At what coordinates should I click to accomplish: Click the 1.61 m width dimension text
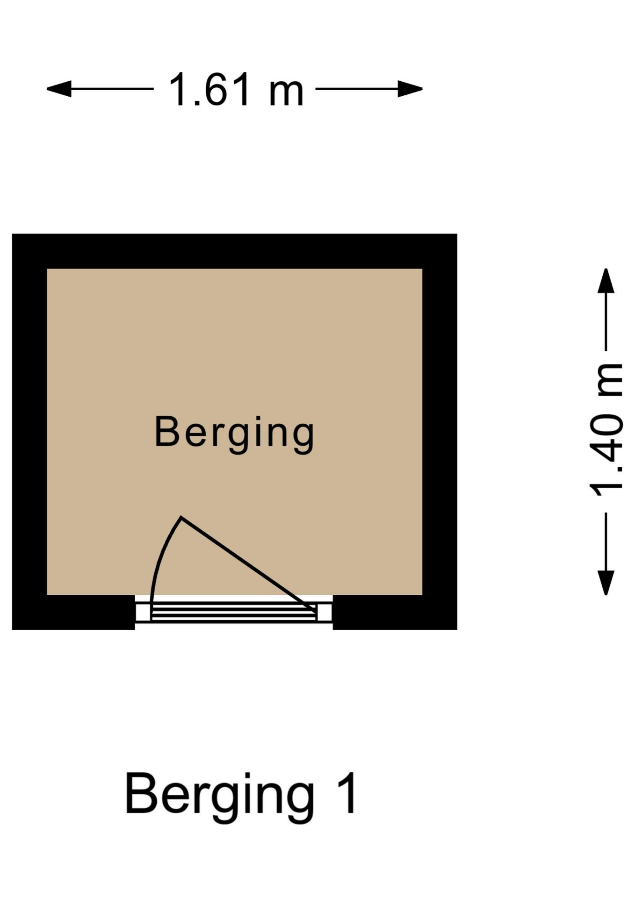pos(236,89)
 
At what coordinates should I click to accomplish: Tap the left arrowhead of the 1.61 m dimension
pos(59,89)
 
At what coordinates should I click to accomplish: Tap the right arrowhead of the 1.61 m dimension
pos(410,89)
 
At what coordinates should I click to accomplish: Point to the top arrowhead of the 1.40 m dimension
pos(606,281)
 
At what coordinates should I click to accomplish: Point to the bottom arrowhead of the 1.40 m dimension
pos(606,583)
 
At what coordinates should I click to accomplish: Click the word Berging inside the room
pos(234,434)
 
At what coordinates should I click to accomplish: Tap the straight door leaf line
pos(248,564)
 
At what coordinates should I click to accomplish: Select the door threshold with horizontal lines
pos(234,612)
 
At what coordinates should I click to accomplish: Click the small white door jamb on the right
pos(325,612)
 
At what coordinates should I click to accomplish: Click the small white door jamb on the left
pos(143,612)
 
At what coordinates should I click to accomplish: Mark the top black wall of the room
pos(234,251)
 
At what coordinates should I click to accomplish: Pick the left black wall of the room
pos(29,432)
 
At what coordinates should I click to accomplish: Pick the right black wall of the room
pos(440,432)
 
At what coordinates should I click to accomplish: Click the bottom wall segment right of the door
pos(395,612)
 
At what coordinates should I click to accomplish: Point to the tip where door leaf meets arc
pos(181,517)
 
